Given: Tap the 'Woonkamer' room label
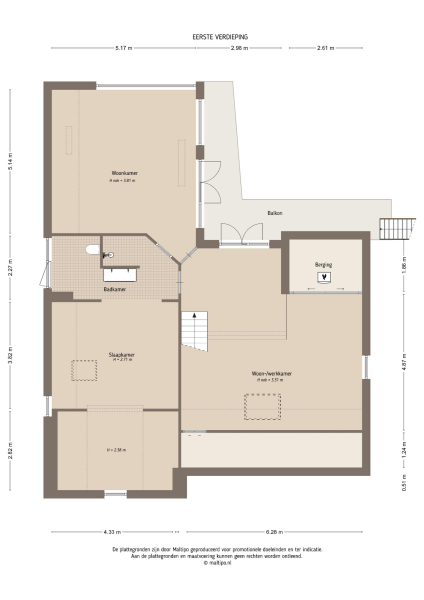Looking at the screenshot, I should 124,173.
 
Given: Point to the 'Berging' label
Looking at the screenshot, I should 322,264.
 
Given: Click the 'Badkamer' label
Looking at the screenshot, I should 114,289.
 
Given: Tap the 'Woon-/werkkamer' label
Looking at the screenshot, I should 271,374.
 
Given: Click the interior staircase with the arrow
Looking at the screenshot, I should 194,330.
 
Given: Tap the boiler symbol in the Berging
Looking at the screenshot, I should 322,277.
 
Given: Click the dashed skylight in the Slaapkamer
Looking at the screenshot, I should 83,370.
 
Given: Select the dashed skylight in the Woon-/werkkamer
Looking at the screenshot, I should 263,407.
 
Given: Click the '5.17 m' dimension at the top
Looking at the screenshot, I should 123,47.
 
